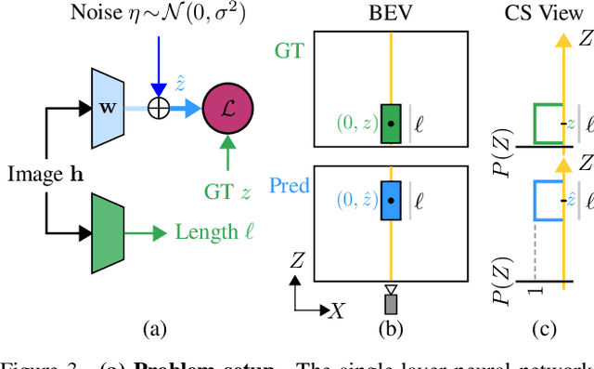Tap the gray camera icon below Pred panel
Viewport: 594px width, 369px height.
click(391, 302)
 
